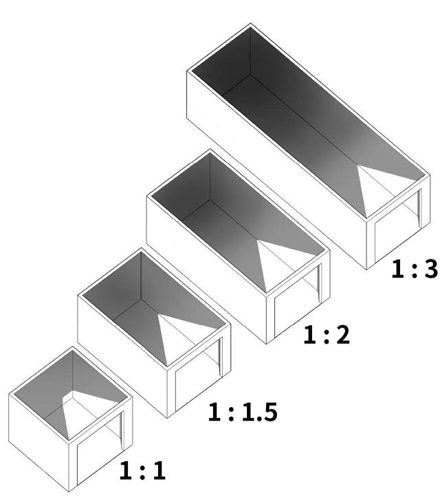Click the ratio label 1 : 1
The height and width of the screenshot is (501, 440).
(142, 470)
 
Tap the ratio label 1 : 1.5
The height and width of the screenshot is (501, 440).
(243, 412)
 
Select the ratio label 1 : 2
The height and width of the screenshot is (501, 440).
(327, 335)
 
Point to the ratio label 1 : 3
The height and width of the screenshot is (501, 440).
(415, 269)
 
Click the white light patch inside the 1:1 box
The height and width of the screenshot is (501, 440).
(87, 412)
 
